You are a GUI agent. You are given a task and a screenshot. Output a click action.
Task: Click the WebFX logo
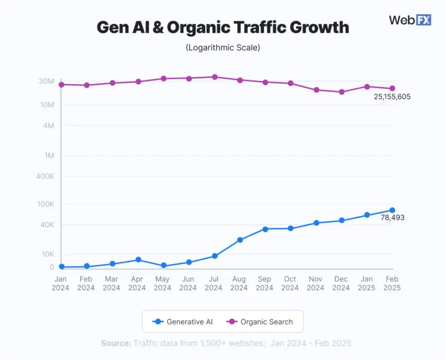point(409,20)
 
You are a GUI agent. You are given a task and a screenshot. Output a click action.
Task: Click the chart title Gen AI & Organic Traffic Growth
point(222,28)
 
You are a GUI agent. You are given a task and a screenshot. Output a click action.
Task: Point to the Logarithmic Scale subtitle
point(222,47)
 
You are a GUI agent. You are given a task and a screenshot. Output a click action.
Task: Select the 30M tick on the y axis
point(47,82)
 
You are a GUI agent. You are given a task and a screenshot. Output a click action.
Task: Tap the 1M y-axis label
point(49,155)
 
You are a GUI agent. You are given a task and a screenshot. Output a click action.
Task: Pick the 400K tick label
point(45,176)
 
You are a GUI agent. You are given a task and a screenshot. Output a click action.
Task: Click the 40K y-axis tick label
point(47,225)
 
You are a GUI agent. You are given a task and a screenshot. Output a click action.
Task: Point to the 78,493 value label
point(393,218)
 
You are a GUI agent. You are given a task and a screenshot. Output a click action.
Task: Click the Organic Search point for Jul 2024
point(214,77)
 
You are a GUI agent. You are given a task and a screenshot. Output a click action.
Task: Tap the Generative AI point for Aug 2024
point(240,240)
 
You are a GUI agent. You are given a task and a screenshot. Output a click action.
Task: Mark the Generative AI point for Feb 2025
point(393,210)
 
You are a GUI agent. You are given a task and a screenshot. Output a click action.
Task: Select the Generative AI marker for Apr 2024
point(138,260)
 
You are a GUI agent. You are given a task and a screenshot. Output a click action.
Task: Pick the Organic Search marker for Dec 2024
point(342,92)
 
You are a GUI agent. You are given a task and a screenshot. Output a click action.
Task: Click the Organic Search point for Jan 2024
point(61,85)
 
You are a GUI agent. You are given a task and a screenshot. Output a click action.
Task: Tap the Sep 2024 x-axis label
point(265,283)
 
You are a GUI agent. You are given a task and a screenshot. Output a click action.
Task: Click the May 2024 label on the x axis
point(162,283)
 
